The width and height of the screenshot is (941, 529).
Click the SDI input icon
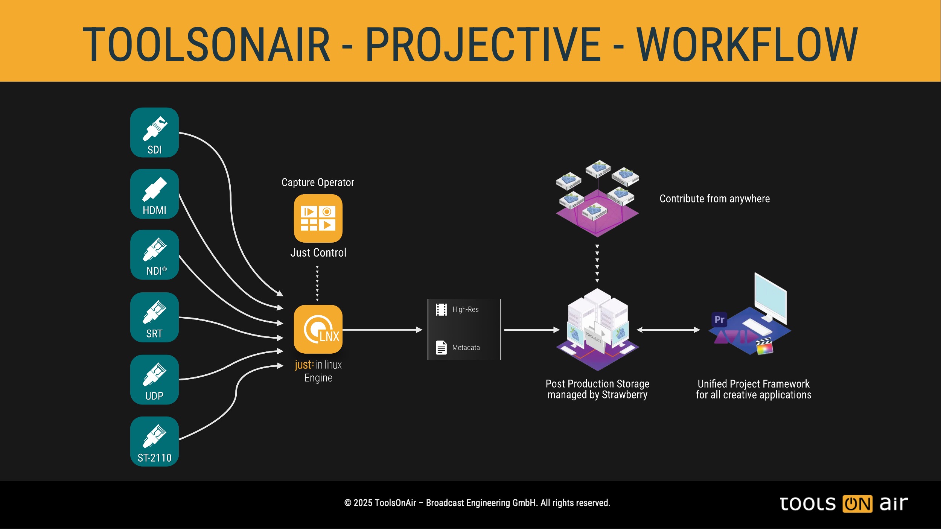(x=154, y=132)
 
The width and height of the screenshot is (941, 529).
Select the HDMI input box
(x=154, y=194)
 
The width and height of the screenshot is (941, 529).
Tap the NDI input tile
(x=154, y=255)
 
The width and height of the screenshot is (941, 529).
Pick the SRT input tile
(x=154, y=317)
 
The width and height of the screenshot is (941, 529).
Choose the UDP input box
(x=154, y=380)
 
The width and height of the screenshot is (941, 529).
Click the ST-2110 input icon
(x=154, y=441)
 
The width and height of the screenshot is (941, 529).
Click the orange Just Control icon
(x=318, y=218)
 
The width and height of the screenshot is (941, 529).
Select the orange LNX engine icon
(x=318, y=329)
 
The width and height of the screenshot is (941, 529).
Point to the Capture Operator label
(x=318, y=182)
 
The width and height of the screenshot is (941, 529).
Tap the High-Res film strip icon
(x=441, y=309)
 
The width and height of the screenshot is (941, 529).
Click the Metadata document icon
(x=441, y=347)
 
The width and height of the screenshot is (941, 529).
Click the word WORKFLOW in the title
(x=747, y=44)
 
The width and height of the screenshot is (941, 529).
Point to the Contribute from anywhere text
(x=714, y=199)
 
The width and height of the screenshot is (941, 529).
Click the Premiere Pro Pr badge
(x=719, y=319)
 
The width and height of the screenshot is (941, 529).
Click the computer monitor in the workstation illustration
(x=770, y=297)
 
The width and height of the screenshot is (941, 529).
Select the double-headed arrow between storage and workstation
(x=668, y=330)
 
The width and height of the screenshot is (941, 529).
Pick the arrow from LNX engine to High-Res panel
(x=382, y=330)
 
